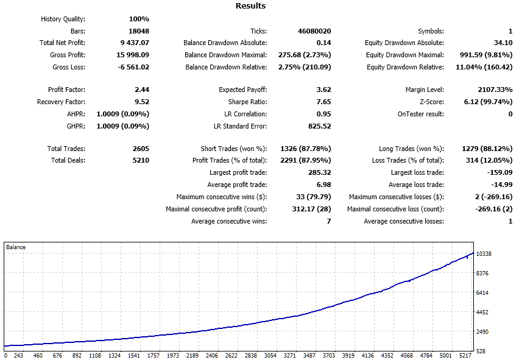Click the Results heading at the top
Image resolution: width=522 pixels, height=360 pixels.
coord(250,6)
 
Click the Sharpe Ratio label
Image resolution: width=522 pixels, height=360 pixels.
coord(247,102)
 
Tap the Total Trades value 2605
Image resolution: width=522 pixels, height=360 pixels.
coord(139,149)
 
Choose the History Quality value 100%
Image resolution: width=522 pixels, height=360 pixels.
coord(139,19)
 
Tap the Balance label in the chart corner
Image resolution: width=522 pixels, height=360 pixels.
coord(16,247)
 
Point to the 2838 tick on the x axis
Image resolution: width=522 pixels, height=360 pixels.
coord(250,355)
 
